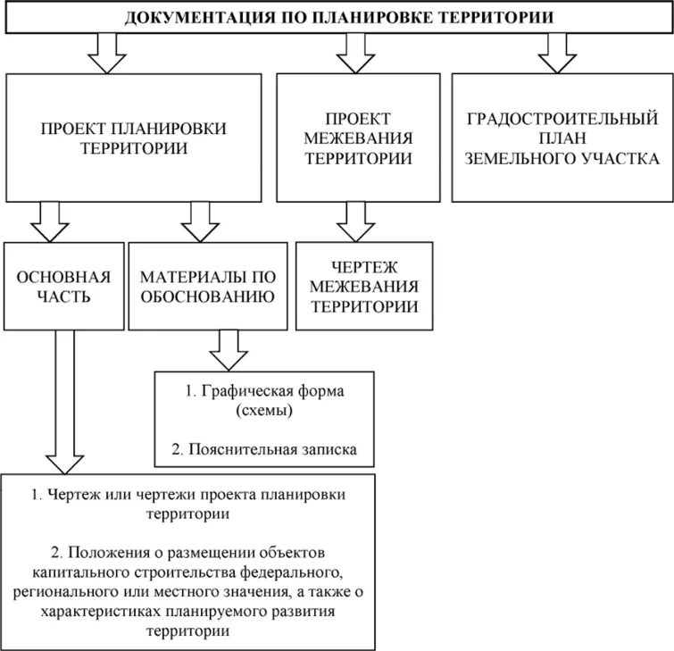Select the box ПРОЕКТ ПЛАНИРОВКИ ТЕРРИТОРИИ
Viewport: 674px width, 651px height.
click(134, 138)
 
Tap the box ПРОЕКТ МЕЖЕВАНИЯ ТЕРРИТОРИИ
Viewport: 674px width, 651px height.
click(357, 138)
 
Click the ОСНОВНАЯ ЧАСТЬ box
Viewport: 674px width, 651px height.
click(63, 286)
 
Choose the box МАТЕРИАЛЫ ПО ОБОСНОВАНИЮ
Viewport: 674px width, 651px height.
click(206, 286)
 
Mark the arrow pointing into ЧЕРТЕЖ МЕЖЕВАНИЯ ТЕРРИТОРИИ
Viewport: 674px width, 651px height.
click(355, 220)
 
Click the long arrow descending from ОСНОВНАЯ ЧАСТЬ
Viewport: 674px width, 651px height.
click(63, 402)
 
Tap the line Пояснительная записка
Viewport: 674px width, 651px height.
click(272, 450)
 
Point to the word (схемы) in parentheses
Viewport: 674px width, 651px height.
click(265, 412)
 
